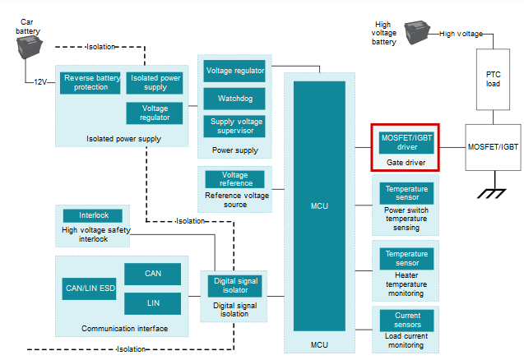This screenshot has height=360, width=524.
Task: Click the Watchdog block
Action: pos(234,99)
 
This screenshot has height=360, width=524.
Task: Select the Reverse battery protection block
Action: pos(90,82)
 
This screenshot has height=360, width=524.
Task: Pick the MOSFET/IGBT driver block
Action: pos(406,143)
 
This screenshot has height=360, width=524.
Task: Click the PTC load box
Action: pos(493,79)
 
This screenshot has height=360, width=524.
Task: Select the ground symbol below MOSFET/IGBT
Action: pos(493,194)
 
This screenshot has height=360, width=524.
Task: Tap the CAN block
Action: pos(152,274)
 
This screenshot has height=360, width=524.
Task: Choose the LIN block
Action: pos(152,303)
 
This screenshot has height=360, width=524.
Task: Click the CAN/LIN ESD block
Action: pos(90,288)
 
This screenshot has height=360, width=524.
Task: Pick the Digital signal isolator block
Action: pos(234,285)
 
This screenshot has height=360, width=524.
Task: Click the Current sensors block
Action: pos(406,321)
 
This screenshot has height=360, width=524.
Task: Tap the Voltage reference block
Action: pos(234,179)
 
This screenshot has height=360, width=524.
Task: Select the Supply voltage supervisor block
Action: pos(234,127)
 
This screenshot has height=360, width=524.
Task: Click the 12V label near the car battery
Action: pos(40,82)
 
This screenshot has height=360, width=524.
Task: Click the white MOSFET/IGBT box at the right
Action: pos(493,146)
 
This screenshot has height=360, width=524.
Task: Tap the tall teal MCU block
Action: pos(320,205)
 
